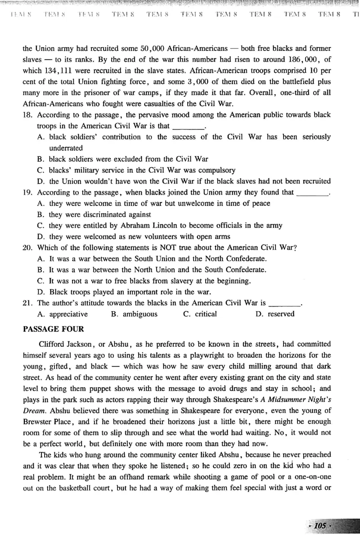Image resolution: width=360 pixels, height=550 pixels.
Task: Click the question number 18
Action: (28, 115)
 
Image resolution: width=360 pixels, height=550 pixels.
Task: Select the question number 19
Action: (28, 192)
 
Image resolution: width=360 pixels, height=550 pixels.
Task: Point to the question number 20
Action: (28, 248)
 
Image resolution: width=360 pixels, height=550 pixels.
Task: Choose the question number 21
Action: (28, 303)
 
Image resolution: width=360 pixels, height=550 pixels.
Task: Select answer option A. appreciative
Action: (63, 314)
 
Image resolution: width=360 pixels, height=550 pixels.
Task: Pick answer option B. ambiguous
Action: (134, 314)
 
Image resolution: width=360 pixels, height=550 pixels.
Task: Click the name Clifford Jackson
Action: (66, 344)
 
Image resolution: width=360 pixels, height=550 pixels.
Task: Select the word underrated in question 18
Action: (66, 148)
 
